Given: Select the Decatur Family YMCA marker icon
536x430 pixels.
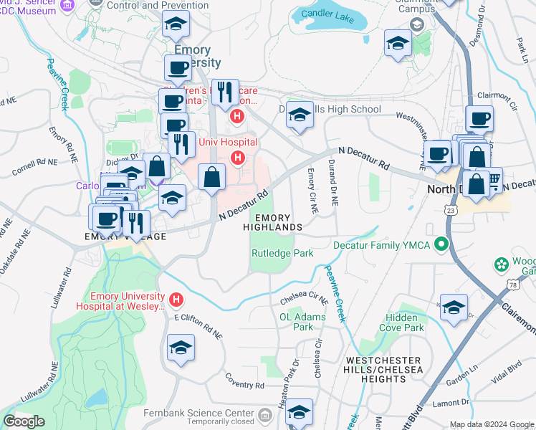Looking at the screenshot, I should click(x=441, y=245).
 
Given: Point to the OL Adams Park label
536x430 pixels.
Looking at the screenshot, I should click(x=302, y=322).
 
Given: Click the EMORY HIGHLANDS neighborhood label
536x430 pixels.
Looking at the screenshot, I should click(x=274, y=222).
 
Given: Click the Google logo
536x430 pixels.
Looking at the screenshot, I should click(x=24, y=421).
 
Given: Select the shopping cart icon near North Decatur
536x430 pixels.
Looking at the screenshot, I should click(x=494, y=177).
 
